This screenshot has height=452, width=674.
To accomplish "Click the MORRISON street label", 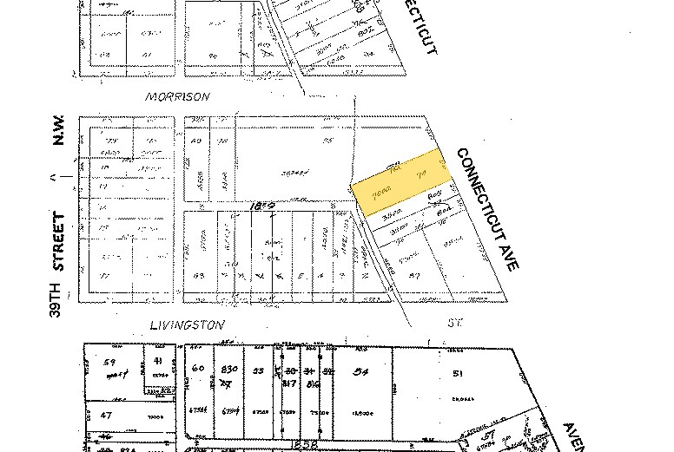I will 177,97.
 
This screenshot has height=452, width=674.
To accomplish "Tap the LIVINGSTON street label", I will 187,325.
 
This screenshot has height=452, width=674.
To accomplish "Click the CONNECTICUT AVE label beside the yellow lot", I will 486,208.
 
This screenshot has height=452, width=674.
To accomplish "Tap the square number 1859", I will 262,206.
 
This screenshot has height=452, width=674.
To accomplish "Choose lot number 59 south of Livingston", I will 109,362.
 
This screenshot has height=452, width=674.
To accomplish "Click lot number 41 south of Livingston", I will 157,361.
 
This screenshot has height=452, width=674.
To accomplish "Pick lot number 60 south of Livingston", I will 198,369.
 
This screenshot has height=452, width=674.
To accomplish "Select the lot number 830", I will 229,369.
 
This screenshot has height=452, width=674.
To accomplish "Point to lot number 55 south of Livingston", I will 258,370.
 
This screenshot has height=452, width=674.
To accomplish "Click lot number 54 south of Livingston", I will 359,370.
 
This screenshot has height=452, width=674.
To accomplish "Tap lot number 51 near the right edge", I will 458,374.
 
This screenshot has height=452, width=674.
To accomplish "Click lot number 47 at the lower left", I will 106,416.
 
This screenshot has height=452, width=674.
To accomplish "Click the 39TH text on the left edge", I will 57,298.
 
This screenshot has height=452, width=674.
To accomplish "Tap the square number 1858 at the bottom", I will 300,445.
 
